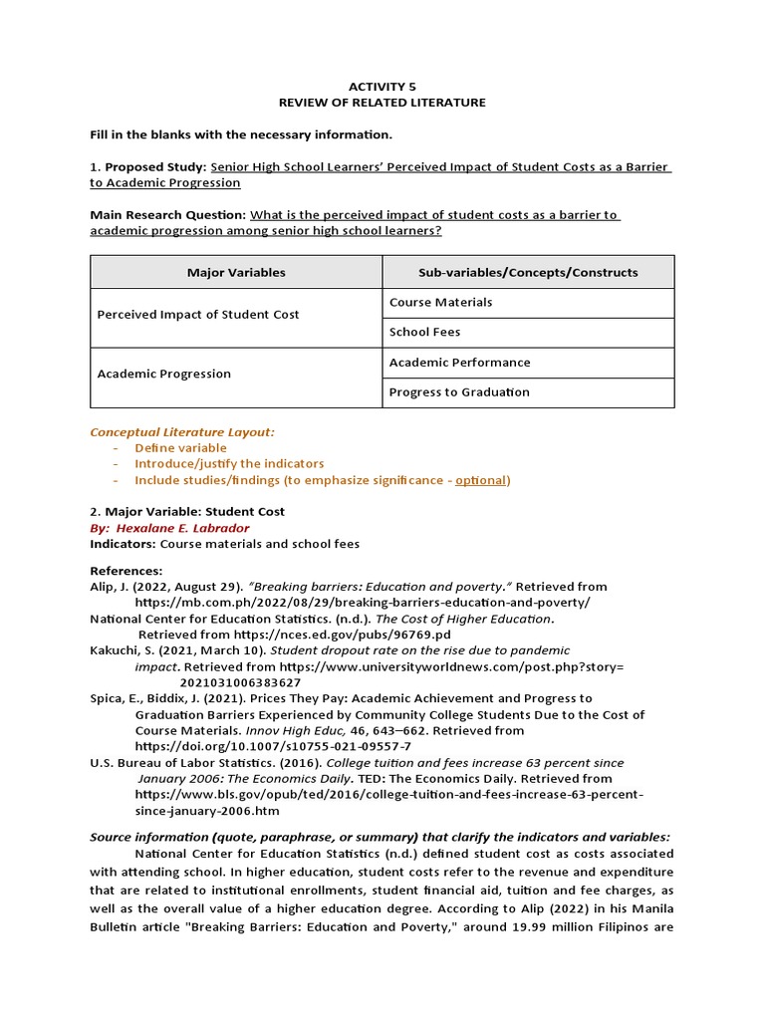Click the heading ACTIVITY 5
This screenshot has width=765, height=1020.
pos(382,87)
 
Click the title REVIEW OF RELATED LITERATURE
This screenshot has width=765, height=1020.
pos(382,103)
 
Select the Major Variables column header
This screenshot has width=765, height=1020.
pos(236,272)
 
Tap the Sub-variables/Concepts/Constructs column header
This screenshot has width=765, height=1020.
pos(528,272)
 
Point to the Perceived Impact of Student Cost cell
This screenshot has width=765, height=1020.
pos(198,315)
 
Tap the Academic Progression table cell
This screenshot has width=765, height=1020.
pos(163,375)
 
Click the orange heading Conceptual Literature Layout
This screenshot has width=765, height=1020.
pos(182,432)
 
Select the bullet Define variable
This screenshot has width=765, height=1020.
pos(180,448)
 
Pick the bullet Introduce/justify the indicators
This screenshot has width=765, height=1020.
pos(229,464)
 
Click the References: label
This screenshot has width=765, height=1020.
pos(126,571)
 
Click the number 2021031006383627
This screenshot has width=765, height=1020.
pos(240,682)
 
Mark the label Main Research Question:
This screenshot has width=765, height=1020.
pos(167,215)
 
